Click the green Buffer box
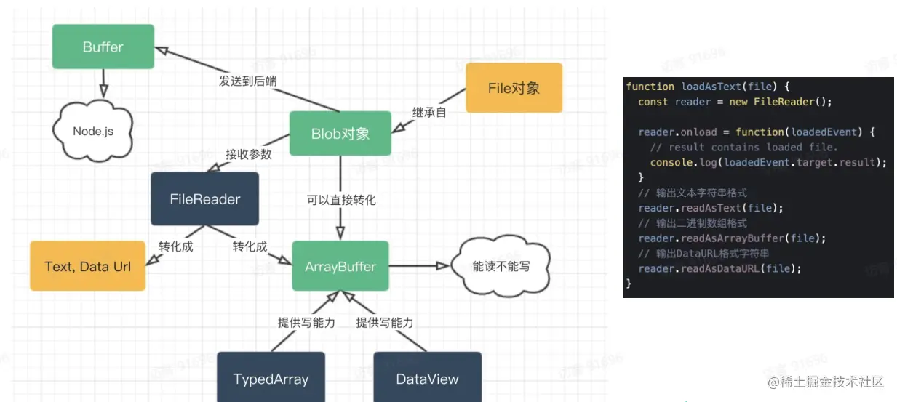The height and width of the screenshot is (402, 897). point(103,47)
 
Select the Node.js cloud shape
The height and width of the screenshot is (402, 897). point(92,131)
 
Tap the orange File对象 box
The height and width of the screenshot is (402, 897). point(514,88)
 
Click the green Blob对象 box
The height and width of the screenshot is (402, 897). point(340,133)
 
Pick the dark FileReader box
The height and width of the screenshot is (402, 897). point(204,198)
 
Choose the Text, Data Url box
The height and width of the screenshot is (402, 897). point(87,267)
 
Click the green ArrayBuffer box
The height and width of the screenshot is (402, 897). point(340,267)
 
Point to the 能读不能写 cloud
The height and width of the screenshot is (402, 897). point(501,267)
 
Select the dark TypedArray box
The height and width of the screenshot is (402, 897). point(271,379)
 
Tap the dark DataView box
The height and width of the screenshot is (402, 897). point(427,379)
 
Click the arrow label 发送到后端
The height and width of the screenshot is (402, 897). point(247,81)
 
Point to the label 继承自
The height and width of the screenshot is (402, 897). point(429,112)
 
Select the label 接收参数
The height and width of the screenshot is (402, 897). point(248,154)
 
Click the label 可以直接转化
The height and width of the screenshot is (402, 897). point(341,199)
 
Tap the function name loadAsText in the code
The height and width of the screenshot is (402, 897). point(711,87)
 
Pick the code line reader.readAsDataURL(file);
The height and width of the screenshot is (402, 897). point(719,269)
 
